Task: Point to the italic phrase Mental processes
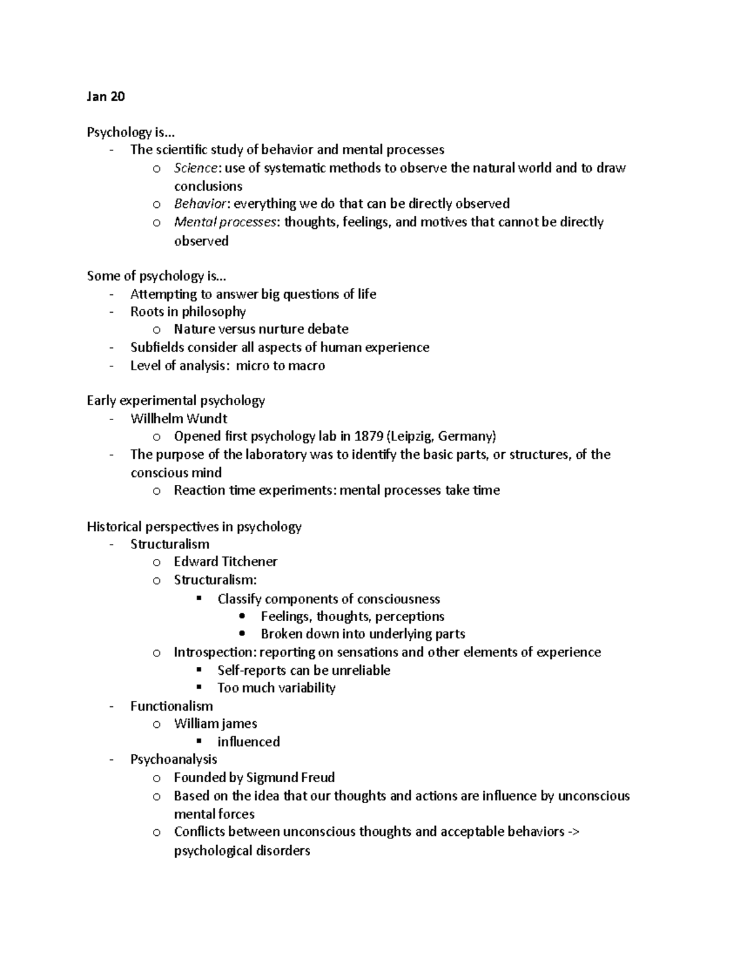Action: pyautogui.click(x=225, y=222)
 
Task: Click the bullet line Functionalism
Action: pyautogui.click(x=171, y=706)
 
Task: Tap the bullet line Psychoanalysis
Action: pyautogui.click(x=173, y=759)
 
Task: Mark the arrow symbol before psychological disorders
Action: pyautogui.click(x=573, y=832)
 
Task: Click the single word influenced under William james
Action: pyautogui.click(x=249, y=741)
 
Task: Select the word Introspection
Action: pyautogui.click(x=214, y=652)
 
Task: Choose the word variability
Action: pyautogui.click(x=306, y=688)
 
